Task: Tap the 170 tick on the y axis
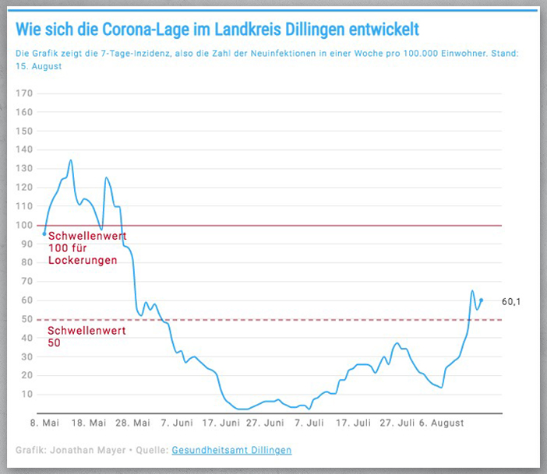(25, 93)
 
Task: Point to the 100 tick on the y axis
(25, 225)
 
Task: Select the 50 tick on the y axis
(27, 319)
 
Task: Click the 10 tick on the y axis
(27, 394)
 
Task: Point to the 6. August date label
(442, 423)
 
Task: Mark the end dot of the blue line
(482, 300)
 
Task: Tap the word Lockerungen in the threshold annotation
(83, 260)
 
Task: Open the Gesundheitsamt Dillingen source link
(231, 450)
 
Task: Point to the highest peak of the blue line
(71, 160)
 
